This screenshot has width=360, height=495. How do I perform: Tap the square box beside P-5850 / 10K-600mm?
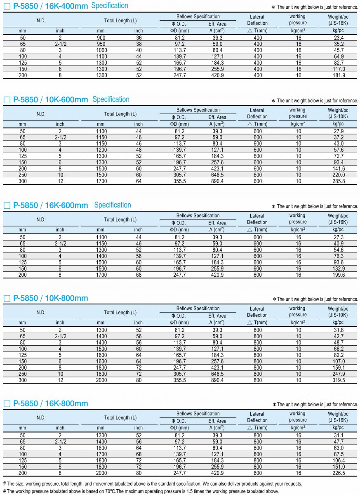click(x=7, y=100)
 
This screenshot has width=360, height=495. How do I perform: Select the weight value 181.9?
click(x=338, y=75)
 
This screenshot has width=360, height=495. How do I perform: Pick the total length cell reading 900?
click(x=101, y=38)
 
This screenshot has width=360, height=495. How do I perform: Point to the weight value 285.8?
click(x=338, y=181)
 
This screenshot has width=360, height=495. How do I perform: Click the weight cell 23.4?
click(x=338, y=38)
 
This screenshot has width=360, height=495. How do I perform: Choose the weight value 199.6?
click(x=338, y=275)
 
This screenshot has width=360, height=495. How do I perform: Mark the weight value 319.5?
click(x=338, y=380)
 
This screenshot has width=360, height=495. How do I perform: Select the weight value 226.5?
click(x=338, y=473)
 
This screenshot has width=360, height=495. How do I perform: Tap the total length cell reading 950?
click(x=101, y=44)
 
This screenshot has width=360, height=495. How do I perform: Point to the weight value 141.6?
click(x=338, y=169)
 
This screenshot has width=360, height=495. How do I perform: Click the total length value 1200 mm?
click(x=101, y=150)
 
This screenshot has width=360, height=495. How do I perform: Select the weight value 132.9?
click(x=338, y=269)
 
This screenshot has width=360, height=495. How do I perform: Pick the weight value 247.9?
click(x=338, y=374)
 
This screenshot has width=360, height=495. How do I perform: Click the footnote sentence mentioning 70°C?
click(x=141, y=491)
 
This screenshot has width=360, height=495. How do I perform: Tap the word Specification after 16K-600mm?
click(x=113, y=205)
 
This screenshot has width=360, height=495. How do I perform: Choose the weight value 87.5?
click(x=338, y=454)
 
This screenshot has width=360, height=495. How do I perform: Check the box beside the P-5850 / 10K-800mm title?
click(x=7, y=298)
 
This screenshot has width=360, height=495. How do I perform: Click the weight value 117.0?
click(x=338, y=69)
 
